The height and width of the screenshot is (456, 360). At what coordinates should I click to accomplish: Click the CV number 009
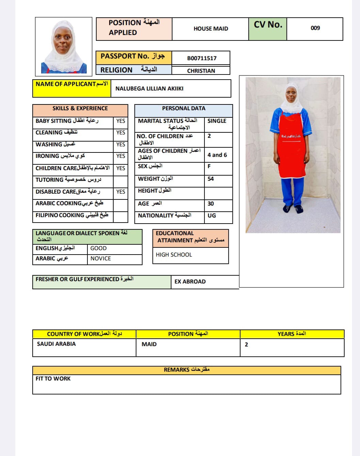[315, 28]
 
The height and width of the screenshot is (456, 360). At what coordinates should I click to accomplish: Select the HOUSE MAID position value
[211, 29]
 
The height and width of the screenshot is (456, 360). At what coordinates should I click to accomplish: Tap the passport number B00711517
[201, 58]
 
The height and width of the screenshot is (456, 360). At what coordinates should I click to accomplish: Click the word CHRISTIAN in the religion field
[201, 71]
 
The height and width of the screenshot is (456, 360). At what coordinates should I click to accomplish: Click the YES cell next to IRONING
[120, 156]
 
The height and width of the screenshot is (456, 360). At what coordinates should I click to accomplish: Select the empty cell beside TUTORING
[120, 180]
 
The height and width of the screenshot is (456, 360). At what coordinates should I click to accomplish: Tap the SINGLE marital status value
[217, 121]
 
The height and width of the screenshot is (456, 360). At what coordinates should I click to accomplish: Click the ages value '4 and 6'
[217, 155]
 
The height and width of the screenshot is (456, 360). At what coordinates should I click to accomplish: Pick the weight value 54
[211, 179]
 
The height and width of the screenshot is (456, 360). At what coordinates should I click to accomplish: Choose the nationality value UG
[212, 216]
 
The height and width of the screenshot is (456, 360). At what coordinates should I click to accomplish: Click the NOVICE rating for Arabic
[101, 259]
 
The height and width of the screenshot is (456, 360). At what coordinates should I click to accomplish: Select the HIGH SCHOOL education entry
[174, 255]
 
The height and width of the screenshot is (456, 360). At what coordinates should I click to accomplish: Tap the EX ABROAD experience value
[190, 282]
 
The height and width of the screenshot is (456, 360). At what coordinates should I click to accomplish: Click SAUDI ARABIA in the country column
[56, 344]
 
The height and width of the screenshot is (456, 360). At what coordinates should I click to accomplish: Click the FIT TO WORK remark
[53, 379]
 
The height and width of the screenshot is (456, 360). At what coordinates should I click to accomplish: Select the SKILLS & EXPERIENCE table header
[80, 109]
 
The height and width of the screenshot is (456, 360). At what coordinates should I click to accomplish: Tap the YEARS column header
[292, 334]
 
